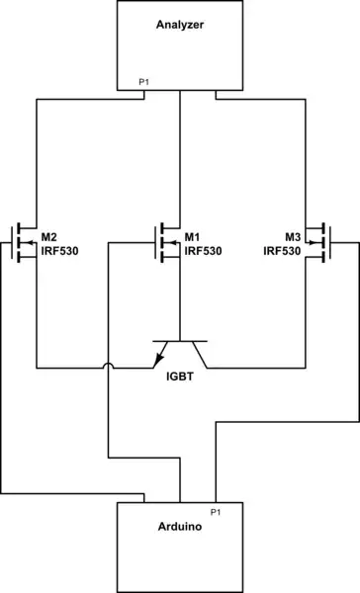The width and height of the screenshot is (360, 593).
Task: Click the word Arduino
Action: [x=179, y=529]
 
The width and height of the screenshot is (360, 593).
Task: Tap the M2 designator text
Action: [x=49, y=237]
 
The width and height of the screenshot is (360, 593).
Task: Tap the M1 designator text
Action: [x=194, y=237]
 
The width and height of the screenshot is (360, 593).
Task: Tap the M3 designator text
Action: [x=292, y=237]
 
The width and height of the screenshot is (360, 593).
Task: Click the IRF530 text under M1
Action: [x=204, y=251]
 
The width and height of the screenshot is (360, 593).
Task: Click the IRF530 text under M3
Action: [x=282, y=251]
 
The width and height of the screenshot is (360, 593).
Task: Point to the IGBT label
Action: [x=179, y=376]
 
